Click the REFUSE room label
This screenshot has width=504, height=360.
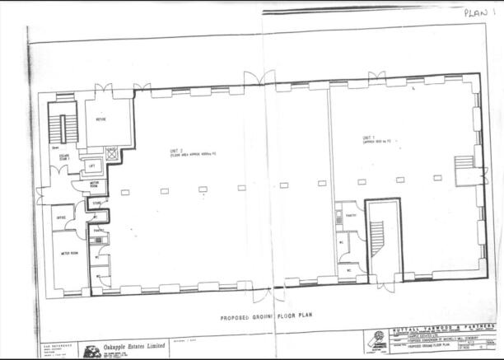point(100,119)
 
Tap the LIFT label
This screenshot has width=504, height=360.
point(91,166)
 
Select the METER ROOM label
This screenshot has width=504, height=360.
point(69,253)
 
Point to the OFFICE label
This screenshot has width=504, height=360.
point(60,217)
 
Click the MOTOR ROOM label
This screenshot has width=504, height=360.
point(95,185)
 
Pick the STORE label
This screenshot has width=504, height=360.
point(96,203)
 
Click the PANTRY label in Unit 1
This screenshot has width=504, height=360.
point(349,216)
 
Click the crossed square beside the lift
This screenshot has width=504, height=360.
point(112,153)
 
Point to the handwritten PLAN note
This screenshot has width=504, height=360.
point(478,12)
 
